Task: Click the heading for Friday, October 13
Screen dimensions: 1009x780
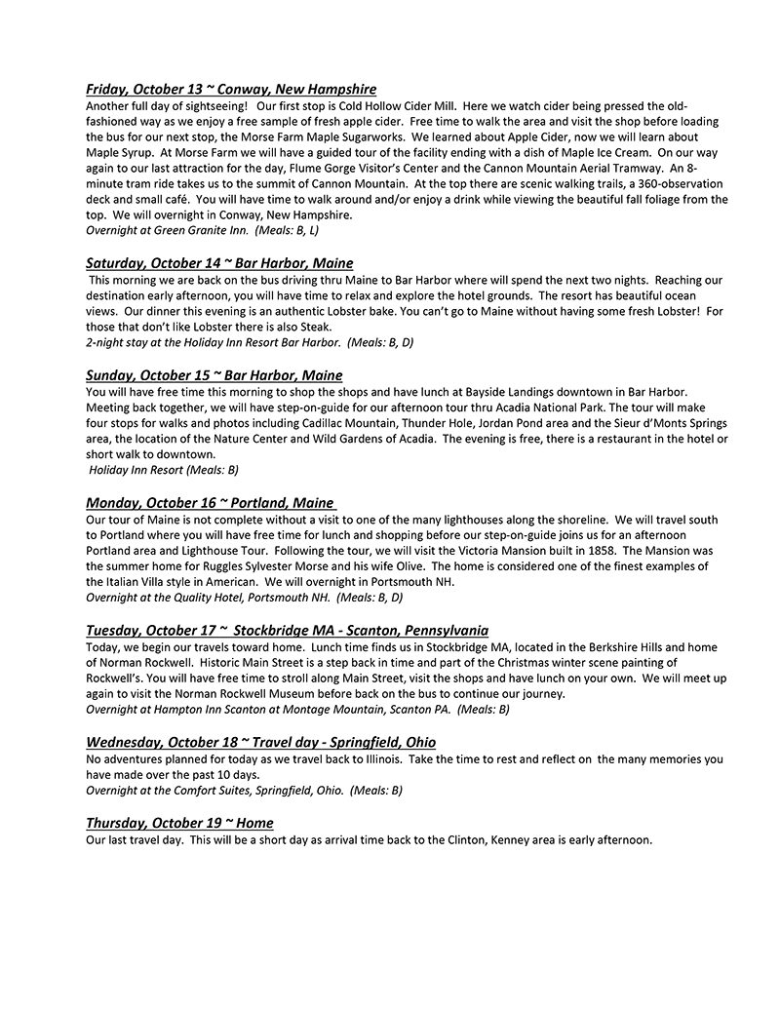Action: point(231,90)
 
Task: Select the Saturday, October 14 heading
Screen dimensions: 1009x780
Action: point(219,263)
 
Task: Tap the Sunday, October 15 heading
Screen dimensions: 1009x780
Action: point(214,375)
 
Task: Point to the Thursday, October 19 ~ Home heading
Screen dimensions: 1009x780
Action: point(179,823)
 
